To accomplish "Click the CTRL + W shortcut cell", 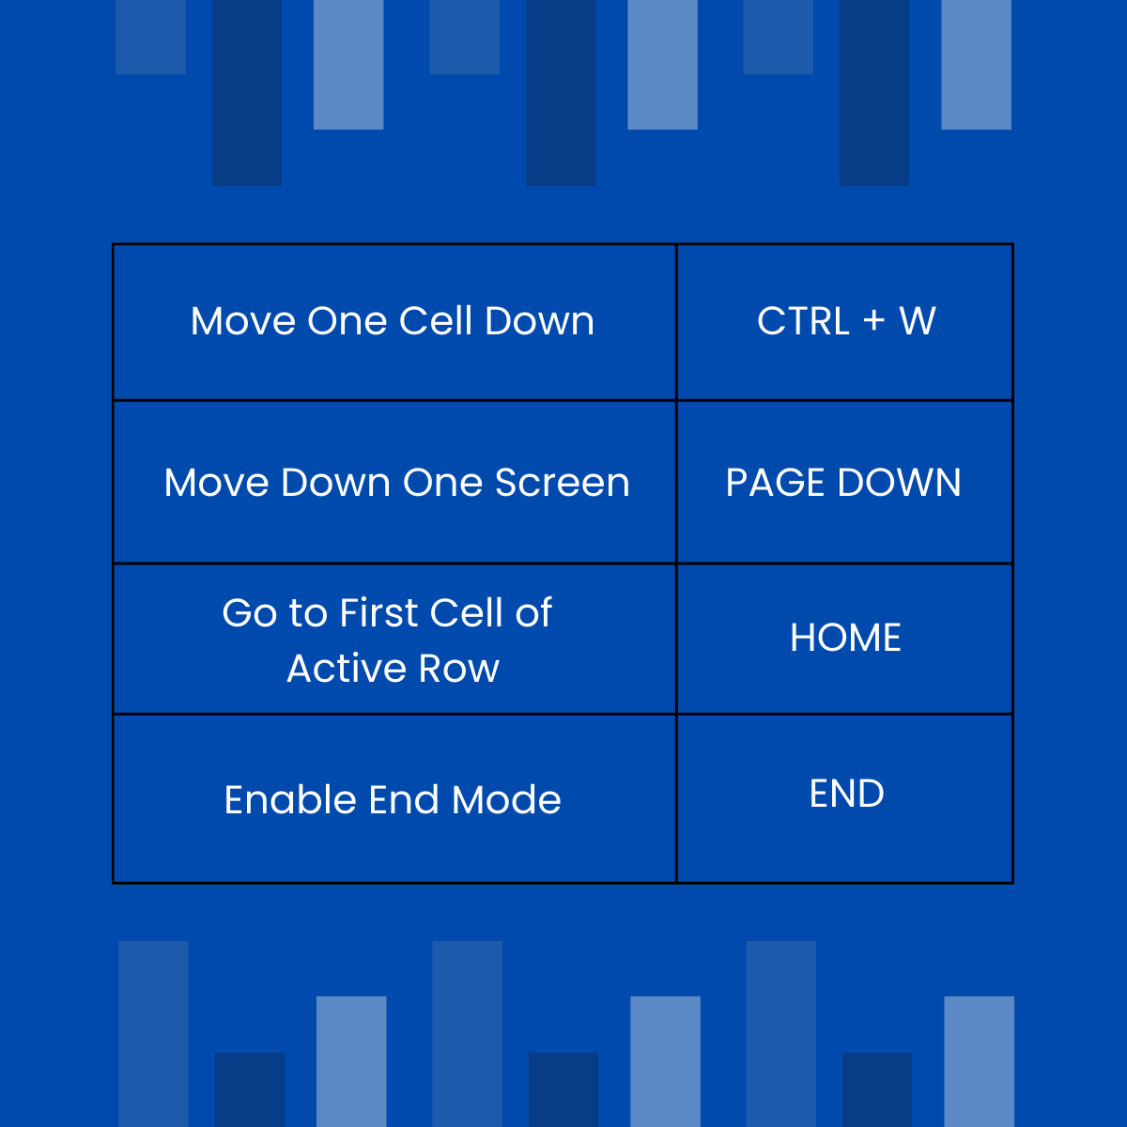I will (x=845, y=321).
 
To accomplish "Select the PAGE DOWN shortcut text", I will (x=843, y=483).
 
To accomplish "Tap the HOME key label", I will (x=845, y=638).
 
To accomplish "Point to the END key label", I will (x=846, y=794).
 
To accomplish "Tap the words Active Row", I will (x=393, y=669).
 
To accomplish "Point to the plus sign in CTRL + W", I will (x=873, y=320).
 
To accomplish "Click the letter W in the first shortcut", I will (x=917, y=321).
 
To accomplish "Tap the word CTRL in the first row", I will (x=803, y=321).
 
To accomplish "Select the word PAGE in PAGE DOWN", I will (x=776, y=483).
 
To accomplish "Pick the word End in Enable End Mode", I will (x=405, y=800).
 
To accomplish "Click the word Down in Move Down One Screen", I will (x=335, y=483).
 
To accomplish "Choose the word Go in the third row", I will (x=250, y=613).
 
